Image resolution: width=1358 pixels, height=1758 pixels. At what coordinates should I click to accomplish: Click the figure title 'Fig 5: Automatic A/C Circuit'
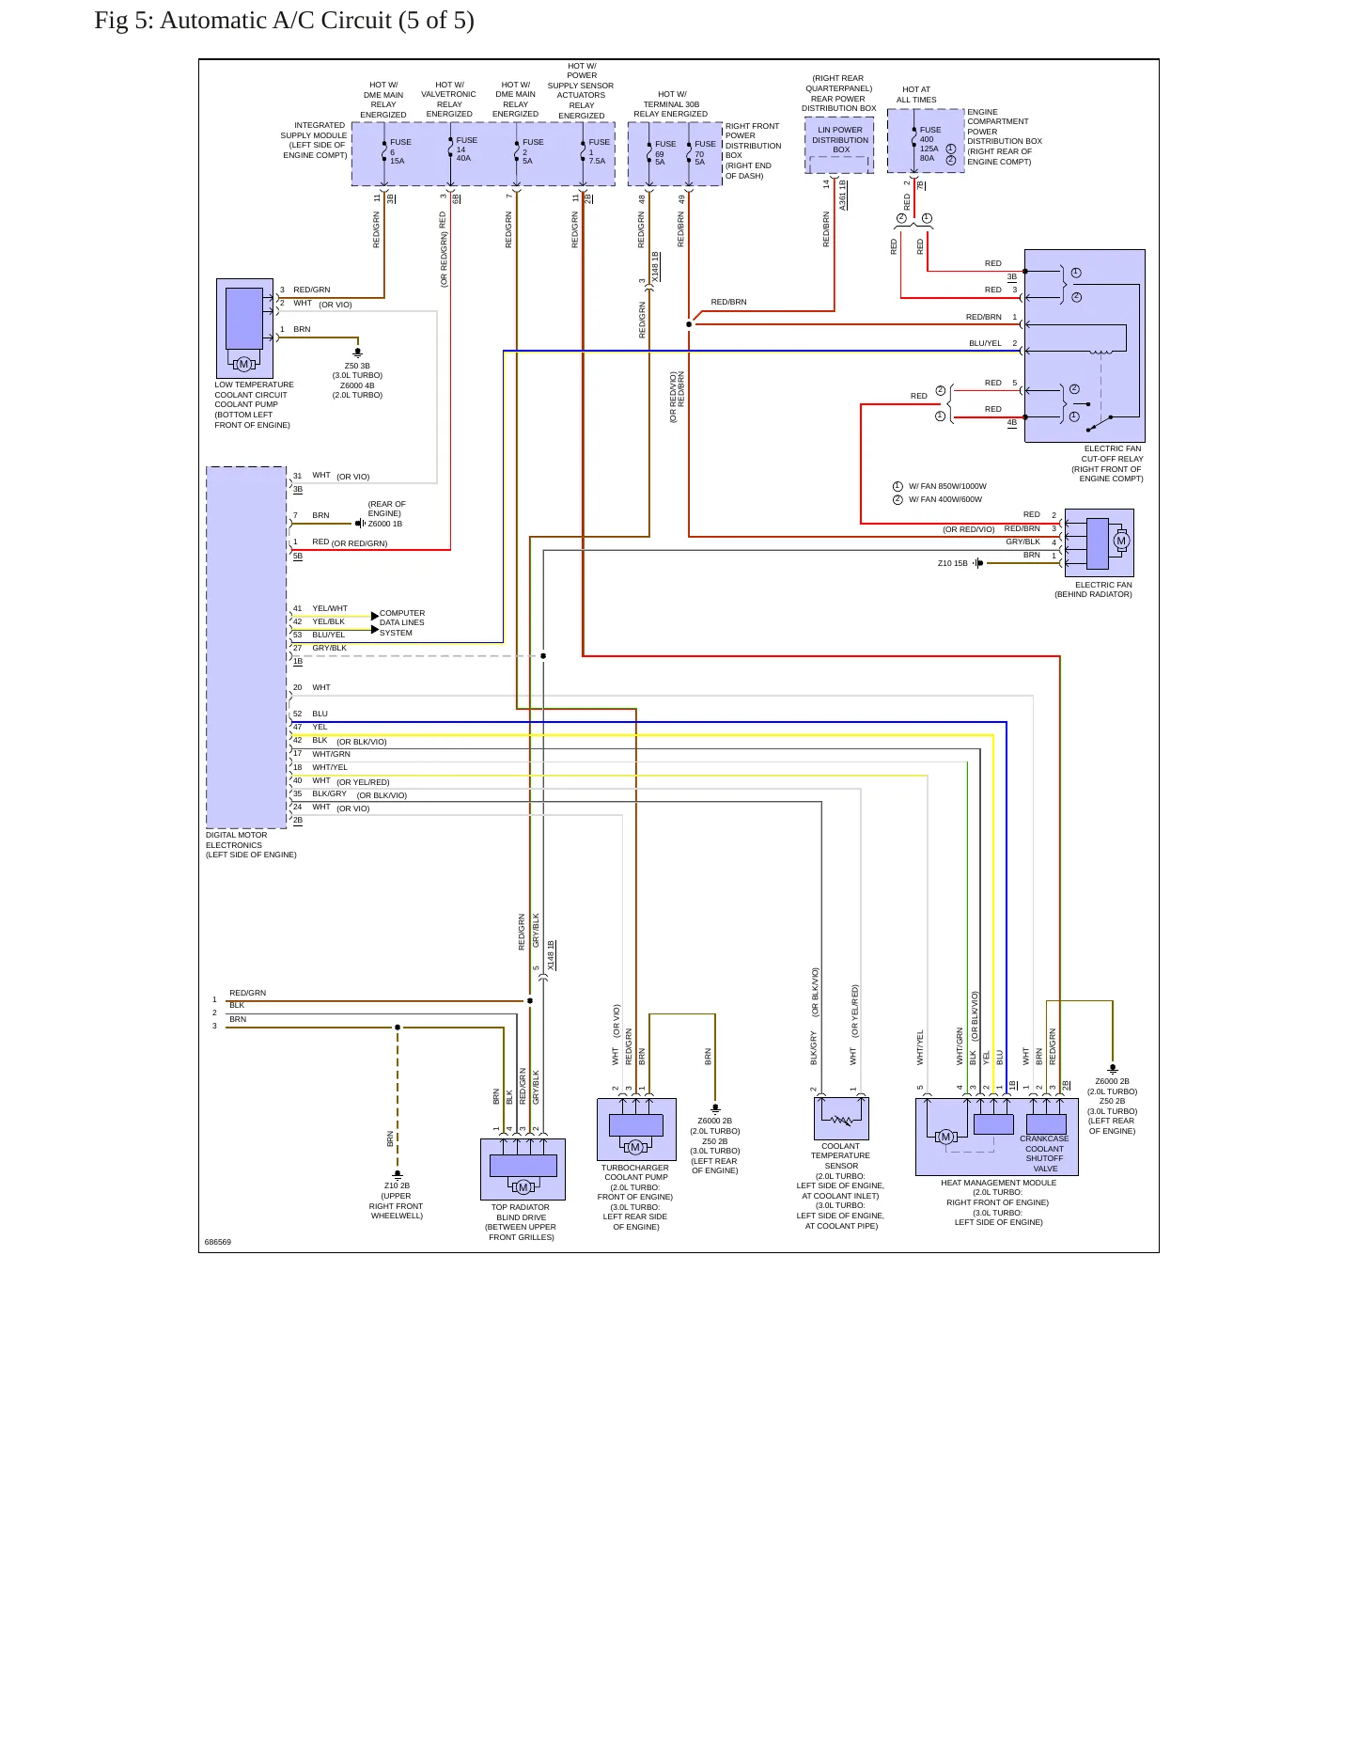pyautogui.click(x=243, y=21)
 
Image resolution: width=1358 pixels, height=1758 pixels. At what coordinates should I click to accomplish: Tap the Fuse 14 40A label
pyautogui.click(x=466, y=149)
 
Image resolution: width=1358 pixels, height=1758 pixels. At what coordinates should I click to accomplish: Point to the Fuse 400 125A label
pyautogui.click(x=929, y=144)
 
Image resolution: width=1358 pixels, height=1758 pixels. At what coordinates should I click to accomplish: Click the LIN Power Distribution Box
pyautogui.click(x=839, y=146)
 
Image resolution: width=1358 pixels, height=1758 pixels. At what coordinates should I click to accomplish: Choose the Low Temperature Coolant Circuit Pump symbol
pyautogui.click(x=244, y=328)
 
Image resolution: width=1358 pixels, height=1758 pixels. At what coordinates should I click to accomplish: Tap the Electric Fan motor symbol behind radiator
pyautogui.click(x=1099, y=542)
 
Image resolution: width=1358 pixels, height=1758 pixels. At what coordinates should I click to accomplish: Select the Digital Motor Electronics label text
pyautogui.click(x=251, y=845)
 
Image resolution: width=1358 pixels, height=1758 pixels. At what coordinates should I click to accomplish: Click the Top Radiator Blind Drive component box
pyautogui.click(x=523, y=1169)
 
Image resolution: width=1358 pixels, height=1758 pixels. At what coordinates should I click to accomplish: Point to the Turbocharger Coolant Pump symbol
pyautogui.click(x=636, y=1129)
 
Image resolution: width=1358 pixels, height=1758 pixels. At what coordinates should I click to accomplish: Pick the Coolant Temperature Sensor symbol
pyautogui.click(x=841, y=1119)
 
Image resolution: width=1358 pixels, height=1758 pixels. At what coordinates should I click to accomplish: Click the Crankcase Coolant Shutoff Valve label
pyautogui.click(x=1044, y=1154)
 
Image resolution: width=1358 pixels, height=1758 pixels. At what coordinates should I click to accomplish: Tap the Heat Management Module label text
pyautogui.click(x=998, y=1202)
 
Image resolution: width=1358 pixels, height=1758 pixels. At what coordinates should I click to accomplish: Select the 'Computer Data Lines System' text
pyautogui.click(x=402, y=622)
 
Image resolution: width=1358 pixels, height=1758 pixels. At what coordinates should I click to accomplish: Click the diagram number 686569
pyautogui.click(x=218, y=1242)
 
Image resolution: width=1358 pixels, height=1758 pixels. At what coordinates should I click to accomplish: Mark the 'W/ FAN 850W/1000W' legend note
pyautogui.click(x=946, y=486)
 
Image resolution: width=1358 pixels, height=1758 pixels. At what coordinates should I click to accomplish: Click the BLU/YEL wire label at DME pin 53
pyautogui.click(x=329, y=635)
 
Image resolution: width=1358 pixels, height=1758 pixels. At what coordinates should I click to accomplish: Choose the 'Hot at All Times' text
pyautogui.click(x=916, y=94)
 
